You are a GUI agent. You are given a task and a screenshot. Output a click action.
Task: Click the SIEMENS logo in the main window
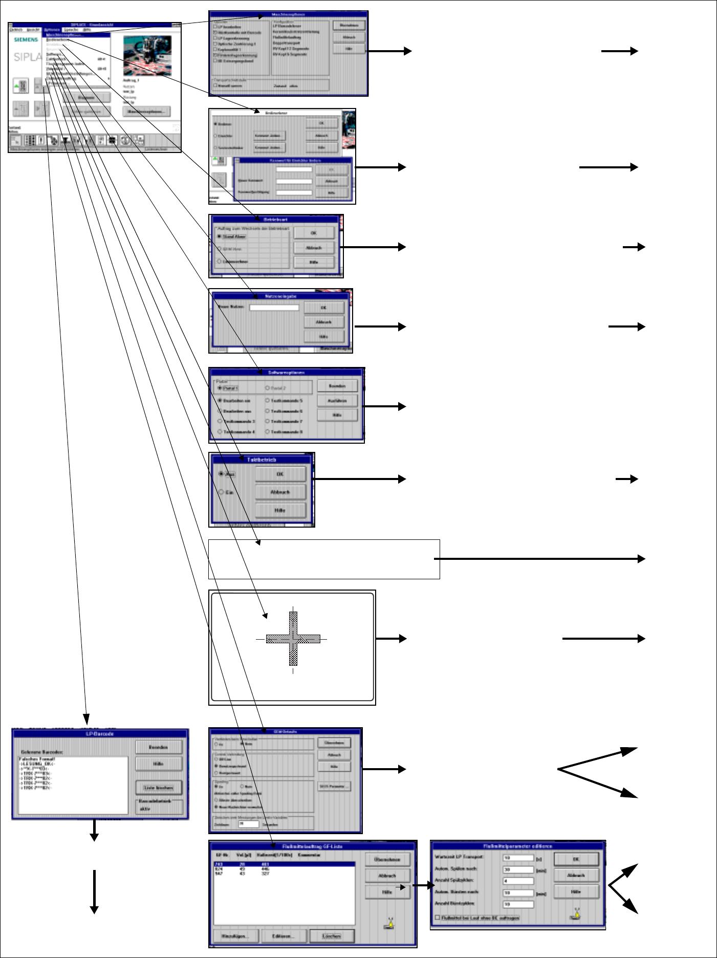[26, 39]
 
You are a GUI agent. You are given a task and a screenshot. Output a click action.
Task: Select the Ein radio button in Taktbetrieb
[222, 492]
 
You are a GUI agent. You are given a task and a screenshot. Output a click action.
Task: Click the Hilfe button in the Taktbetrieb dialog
[280, 510]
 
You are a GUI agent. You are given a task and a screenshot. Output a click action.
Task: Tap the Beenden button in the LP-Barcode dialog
[159, 747]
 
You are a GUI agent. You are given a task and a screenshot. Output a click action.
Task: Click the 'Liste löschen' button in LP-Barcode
[159, 788]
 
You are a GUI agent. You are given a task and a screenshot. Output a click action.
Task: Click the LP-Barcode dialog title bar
[100, 734]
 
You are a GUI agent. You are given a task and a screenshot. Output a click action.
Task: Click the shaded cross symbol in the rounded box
[293, 639]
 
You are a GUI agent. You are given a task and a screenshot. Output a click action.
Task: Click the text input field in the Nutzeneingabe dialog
[274, 308]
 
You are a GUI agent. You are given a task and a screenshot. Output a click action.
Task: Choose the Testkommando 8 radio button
[268, 432]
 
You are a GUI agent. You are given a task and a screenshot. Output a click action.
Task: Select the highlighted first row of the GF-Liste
[284, 864]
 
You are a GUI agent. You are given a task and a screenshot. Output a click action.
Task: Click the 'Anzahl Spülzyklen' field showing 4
[518, 881]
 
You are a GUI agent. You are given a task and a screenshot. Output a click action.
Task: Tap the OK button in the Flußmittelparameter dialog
[576, 859]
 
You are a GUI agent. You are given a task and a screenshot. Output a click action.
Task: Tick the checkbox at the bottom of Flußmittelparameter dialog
[437, 918]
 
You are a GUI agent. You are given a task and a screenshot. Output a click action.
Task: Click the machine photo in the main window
[147, 55]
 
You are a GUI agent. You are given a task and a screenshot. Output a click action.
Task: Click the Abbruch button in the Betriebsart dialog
[314, 248]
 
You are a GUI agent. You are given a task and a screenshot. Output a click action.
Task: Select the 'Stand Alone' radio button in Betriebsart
[220, 237]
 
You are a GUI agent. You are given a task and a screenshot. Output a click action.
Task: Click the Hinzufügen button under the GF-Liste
[235, 936]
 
